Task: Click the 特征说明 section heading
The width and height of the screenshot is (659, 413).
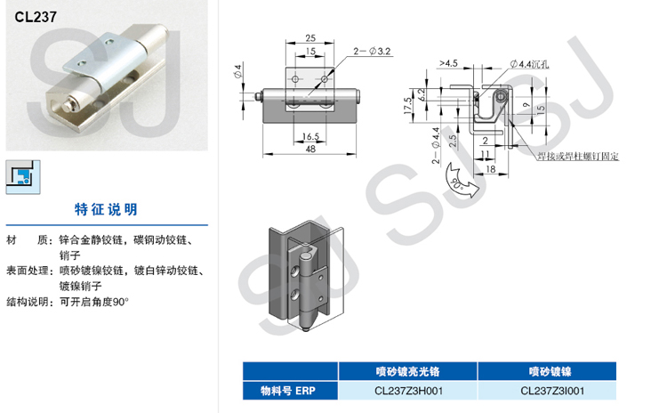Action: click(x=106, y=210)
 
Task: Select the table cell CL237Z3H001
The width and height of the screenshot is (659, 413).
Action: click(x=408, y=390)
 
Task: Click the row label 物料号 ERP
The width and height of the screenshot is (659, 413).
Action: click(x=287, y=390)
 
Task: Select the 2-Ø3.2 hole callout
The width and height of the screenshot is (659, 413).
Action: click(x=373, y=53)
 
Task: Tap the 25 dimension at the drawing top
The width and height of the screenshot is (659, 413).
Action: click(x=309, y=37)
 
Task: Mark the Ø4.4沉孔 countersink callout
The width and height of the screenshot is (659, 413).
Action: click(x=531, y=63)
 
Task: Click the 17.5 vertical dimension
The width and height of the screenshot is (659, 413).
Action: click(x=406, y=104)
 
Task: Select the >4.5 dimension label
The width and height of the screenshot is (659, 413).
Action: click(x=447, y=63)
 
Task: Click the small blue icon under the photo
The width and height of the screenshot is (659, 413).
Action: click(x=20, y=174)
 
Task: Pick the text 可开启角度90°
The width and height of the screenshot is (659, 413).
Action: click(x=94, y=302)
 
